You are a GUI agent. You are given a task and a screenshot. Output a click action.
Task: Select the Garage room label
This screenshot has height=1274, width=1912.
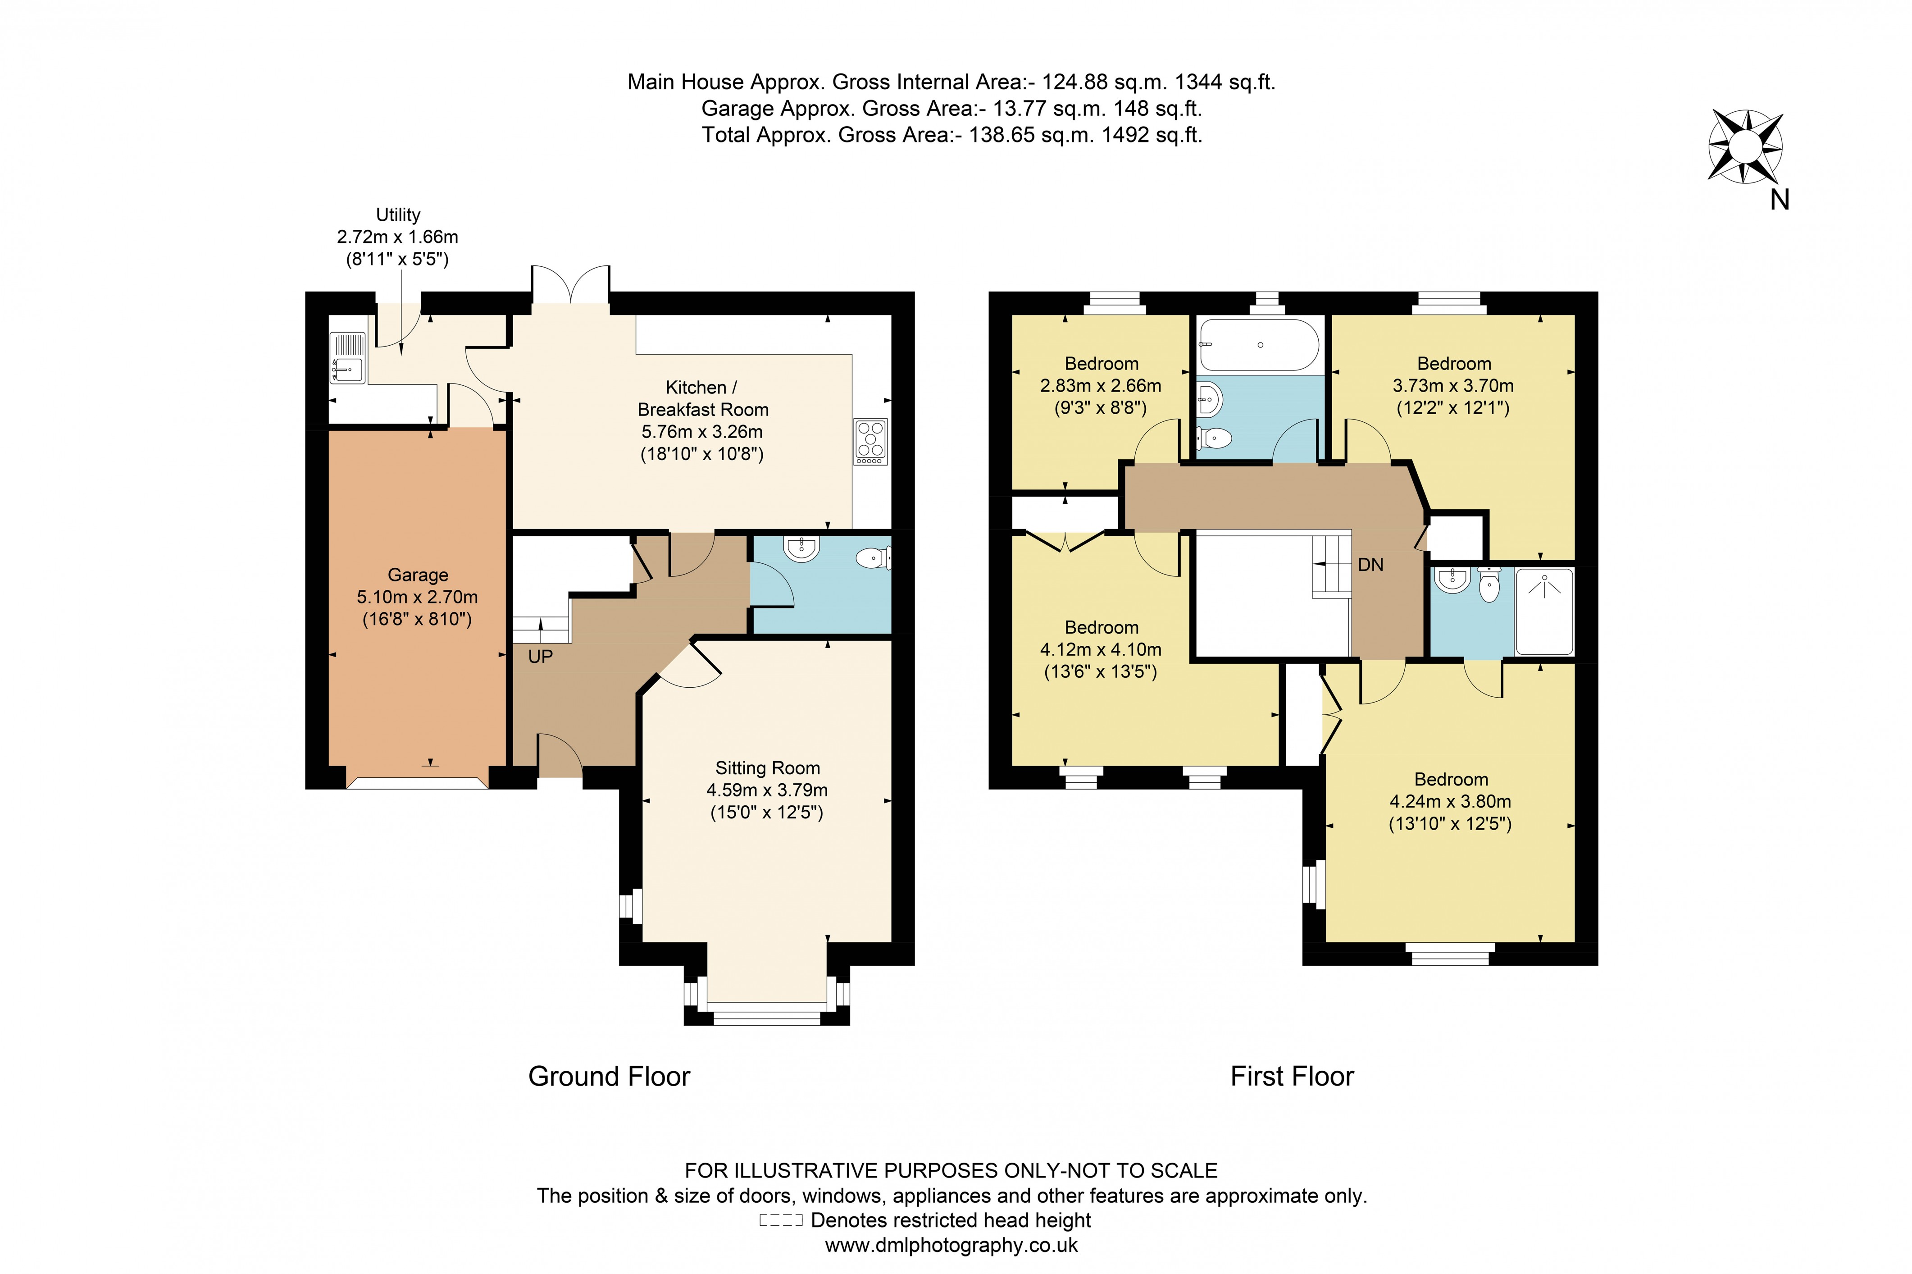click(x=418, y=575)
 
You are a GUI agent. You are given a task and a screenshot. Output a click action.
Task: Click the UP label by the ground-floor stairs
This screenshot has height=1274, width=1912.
click(x=540, y=657)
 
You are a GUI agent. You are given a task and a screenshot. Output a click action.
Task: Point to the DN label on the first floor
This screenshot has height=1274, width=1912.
click(x=1370, y=565)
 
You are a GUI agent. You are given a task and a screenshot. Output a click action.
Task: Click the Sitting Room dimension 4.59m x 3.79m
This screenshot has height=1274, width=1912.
click(x=767, y=790)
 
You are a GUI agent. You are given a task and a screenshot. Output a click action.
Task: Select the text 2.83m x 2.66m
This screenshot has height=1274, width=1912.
click(x=1101, y=386)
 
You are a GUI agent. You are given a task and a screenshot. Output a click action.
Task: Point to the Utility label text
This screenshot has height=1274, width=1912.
click(x=398, y=215)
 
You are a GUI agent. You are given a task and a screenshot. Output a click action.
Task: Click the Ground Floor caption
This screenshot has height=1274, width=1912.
click(x=608, y=1077)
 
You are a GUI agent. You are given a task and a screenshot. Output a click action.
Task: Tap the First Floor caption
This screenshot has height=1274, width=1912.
click(x=1292, y=1077)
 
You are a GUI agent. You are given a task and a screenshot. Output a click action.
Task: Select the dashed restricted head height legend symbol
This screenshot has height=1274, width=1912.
click(x=781, y=1220)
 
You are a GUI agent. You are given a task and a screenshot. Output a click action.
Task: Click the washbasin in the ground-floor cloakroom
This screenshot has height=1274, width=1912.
click(x=801, y=548)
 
